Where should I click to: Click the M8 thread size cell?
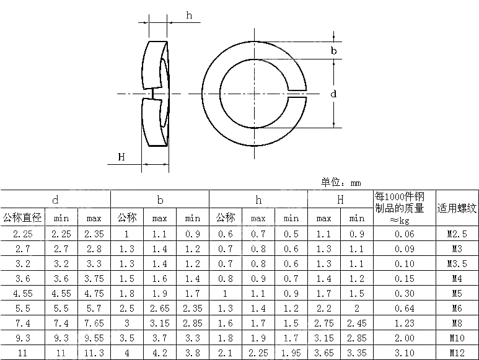point(457,323)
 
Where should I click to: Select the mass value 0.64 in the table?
point(405,309)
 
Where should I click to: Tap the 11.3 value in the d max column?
point(94,352)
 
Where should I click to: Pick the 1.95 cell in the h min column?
point(291,352)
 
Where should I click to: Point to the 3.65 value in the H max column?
point(323,352)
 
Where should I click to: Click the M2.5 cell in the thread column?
point(457,234)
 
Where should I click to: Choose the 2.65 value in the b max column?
point(160,309)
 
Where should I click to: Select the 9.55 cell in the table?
point(94,338)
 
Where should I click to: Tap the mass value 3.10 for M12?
point(405,352)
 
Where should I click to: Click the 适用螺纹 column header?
point(457,208)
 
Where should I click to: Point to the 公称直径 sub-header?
point(22,218)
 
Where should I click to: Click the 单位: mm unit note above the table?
point(340,182)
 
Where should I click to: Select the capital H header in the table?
point(340,200)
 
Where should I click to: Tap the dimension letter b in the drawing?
point(333,51)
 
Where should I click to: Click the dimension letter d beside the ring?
point(333,94)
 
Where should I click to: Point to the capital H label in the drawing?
point(121,157)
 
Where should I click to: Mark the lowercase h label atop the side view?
point(189,15)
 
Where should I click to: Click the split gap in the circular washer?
point(297,94)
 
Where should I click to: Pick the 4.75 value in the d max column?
point(94,294)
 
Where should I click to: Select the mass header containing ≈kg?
point(405,208)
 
